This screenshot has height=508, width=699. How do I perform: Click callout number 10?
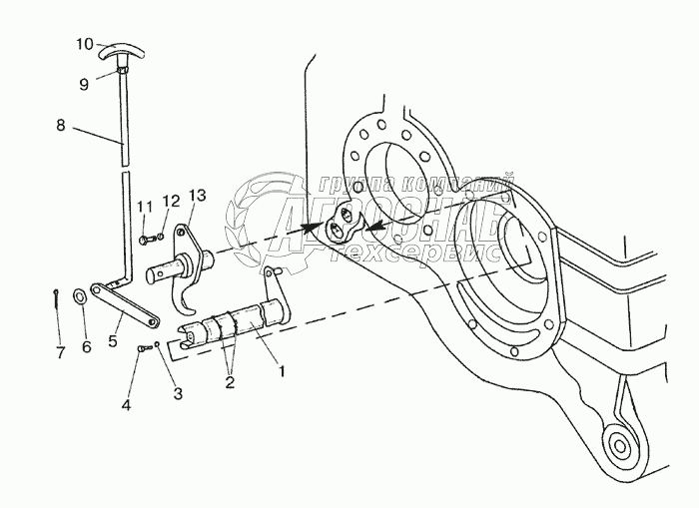click(85, 43)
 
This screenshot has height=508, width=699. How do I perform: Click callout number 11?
click(143, 207)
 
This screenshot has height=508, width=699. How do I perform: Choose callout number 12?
click(171, 200)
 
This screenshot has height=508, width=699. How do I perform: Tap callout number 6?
click(86, 346)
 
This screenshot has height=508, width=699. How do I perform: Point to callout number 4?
click(125, 406)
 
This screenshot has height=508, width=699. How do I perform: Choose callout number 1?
click(282, 371)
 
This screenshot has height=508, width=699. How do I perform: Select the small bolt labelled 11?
click(146, 240)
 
